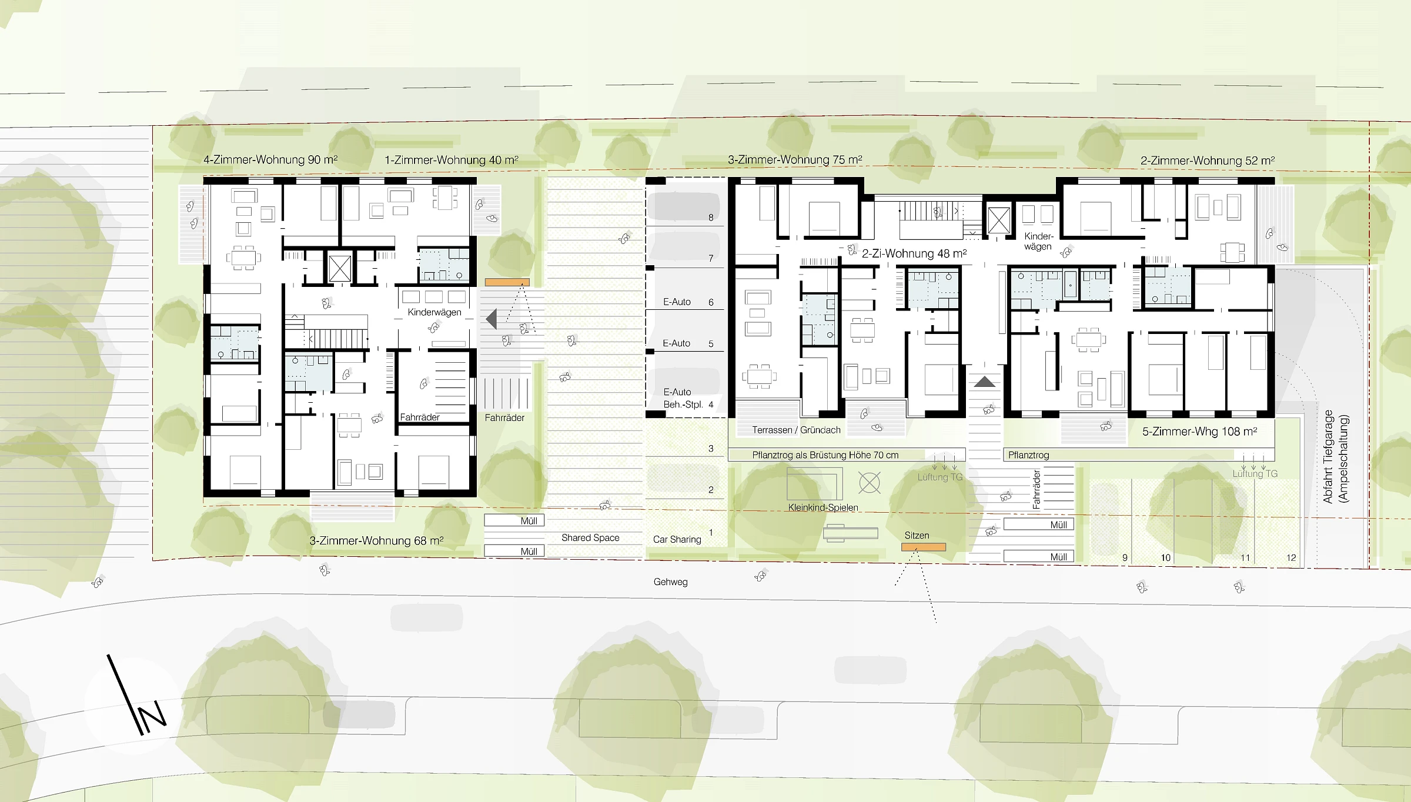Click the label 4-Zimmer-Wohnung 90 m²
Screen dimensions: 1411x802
click(270, 159)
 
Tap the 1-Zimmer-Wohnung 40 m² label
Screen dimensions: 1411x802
click(452, 160)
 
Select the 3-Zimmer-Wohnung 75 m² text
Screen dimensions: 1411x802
click(795, 159)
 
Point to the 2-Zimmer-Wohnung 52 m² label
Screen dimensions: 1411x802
click(1208, 161)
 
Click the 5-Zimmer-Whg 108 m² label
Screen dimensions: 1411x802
click(1199, 432)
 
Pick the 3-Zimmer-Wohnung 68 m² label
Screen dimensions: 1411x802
click(376, 540)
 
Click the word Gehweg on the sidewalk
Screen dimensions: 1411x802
click(670, 582)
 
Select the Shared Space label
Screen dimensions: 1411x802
click(590, 537)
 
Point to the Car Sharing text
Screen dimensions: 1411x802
click(677, 539)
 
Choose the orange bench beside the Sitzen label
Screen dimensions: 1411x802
click(924, 547)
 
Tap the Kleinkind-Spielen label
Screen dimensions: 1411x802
click(823, 507)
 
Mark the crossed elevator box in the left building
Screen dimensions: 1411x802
click(340, 268)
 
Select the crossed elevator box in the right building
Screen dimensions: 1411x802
click(999, 220)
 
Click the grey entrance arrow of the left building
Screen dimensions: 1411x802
click(491, 319)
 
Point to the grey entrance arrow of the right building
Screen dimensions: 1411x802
click(984, 382)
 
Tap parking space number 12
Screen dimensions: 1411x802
click(1291, 557)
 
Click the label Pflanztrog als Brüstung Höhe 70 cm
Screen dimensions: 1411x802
click(825, 455)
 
